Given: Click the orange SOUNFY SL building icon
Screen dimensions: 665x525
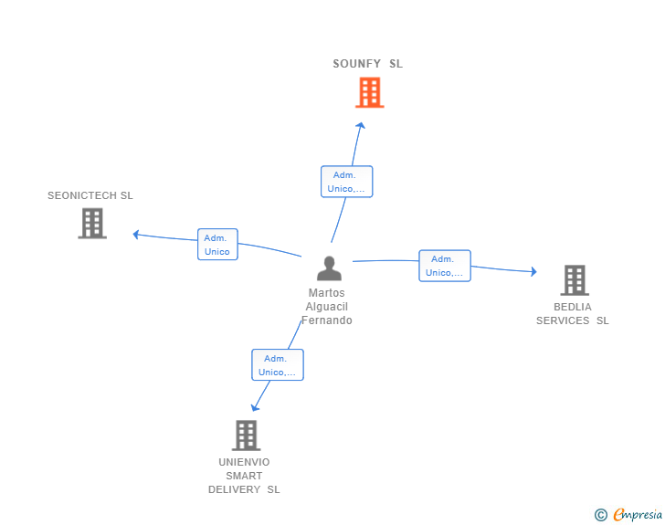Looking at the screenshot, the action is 369,92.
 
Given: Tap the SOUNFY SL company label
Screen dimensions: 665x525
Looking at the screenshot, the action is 368,64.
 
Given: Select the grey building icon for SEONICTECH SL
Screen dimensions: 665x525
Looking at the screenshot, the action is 92,223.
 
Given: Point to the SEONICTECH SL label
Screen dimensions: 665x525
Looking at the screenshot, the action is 90,195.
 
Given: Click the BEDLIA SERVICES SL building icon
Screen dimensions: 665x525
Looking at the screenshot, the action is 575,280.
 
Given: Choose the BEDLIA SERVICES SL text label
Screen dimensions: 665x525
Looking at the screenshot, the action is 573,313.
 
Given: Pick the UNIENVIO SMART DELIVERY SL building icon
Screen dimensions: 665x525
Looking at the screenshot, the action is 246,436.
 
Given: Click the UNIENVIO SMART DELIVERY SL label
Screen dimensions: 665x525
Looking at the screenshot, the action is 244,476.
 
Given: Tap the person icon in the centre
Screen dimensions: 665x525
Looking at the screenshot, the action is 329,268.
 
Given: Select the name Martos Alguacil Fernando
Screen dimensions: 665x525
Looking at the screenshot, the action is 327,306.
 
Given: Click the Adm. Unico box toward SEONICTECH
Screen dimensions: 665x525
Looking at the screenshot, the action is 217,245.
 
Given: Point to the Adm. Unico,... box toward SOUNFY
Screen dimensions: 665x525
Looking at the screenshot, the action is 347,182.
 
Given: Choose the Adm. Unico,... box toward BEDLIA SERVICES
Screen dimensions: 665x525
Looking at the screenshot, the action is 445,266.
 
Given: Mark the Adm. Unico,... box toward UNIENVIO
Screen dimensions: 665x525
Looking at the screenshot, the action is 278,364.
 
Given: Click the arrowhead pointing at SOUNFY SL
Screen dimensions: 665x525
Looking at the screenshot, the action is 361,125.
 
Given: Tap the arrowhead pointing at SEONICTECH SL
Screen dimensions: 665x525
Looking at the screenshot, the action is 136,235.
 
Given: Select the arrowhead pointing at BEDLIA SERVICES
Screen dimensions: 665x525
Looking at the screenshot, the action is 534,271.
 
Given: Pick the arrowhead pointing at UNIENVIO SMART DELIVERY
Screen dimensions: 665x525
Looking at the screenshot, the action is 255,407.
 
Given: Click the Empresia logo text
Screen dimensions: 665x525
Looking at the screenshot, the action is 638,514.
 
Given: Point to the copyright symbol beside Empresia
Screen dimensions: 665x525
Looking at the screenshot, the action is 601,515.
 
